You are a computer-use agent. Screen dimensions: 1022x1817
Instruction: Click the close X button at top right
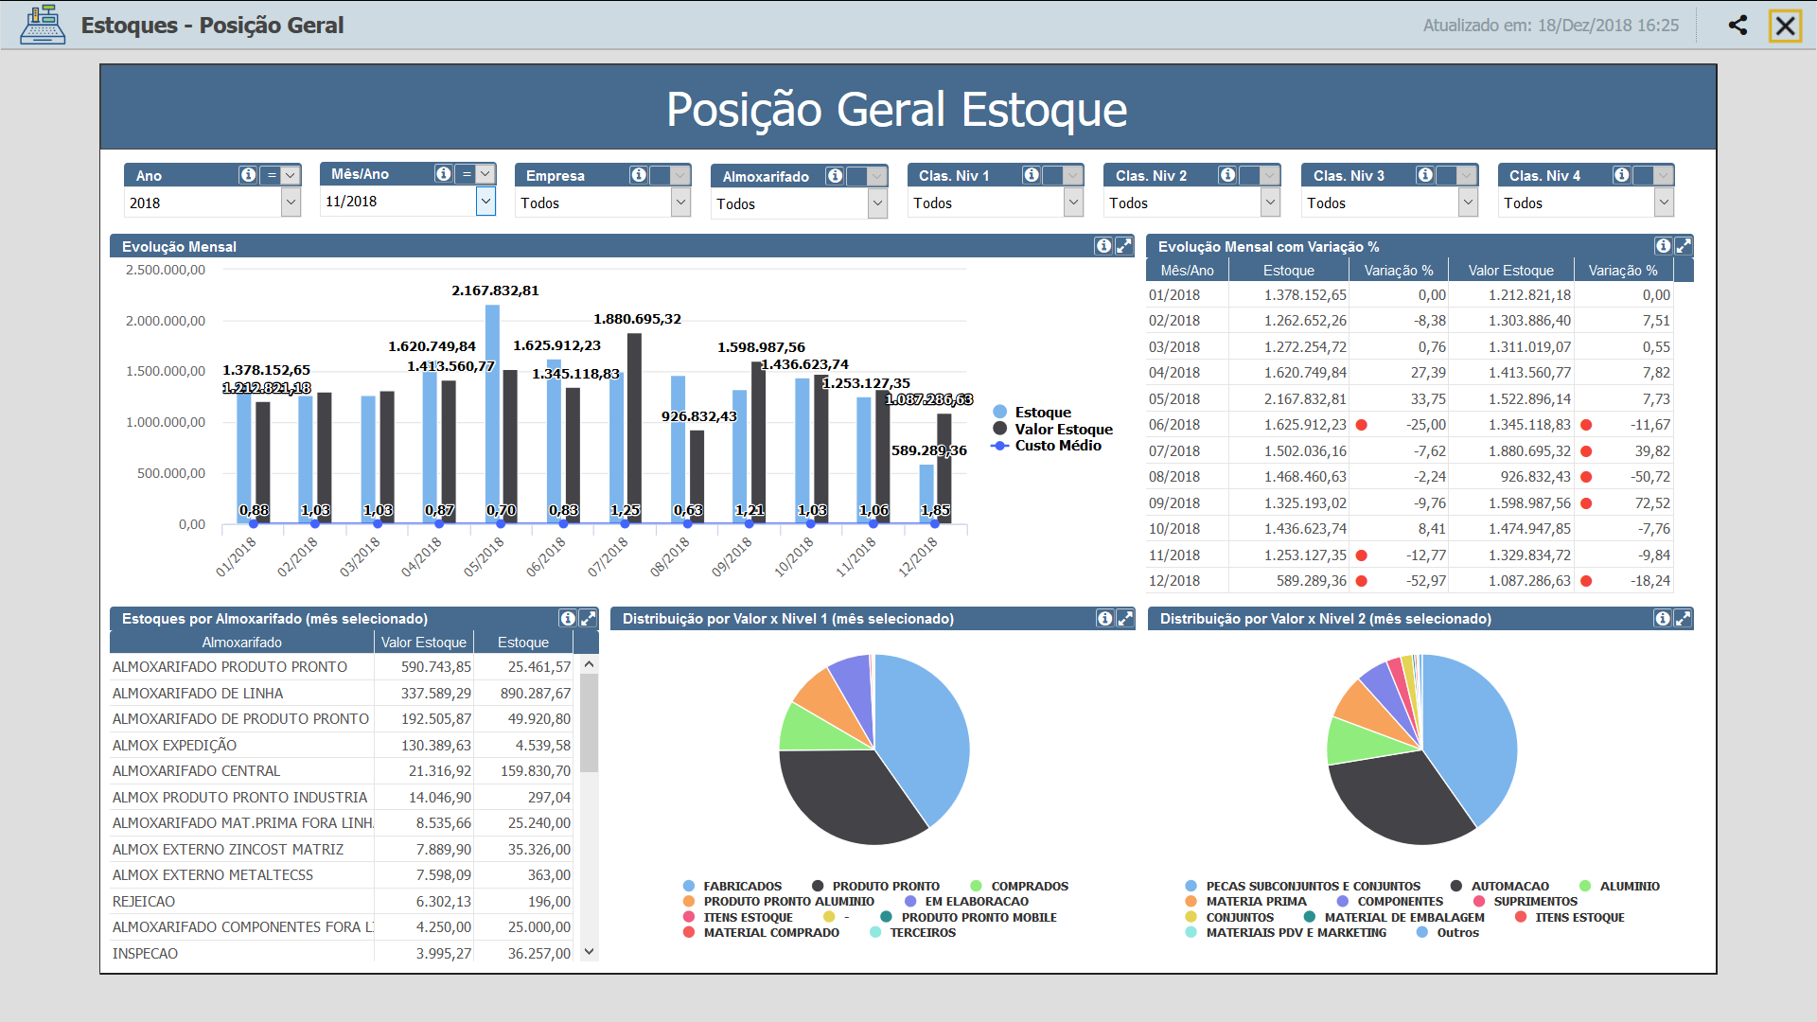coord(1785,26)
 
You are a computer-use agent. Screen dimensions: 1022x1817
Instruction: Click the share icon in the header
coord(1738,26)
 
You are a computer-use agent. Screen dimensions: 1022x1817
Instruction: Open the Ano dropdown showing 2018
coord(291,203)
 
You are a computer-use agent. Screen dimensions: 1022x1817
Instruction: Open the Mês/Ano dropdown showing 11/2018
coord(485,201)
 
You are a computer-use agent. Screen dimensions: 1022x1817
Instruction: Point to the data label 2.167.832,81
coord(495,291)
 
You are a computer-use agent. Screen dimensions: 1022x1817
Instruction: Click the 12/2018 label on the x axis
coord(917,556)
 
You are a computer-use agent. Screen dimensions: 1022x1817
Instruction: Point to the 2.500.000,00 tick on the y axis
coord(166,271)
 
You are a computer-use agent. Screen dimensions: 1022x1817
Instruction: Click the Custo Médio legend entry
coord(1057,446)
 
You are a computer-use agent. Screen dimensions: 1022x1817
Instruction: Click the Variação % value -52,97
coord(1425,581)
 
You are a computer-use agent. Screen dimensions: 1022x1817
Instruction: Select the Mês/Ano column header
coord(1187,271)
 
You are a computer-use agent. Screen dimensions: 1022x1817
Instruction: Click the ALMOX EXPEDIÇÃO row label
coord(174,746)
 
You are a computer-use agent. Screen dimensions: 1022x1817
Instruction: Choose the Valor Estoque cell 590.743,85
coord(435,667)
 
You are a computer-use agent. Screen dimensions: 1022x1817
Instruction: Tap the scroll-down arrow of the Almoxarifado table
coord(590,952)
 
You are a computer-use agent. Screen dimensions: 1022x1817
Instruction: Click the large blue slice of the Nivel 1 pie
coord(923,738)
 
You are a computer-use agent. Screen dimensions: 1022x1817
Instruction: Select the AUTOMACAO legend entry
coord(1509,887)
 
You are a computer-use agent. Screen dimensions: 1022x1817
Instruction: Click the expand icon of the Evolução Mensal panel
coord(1123,246)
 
